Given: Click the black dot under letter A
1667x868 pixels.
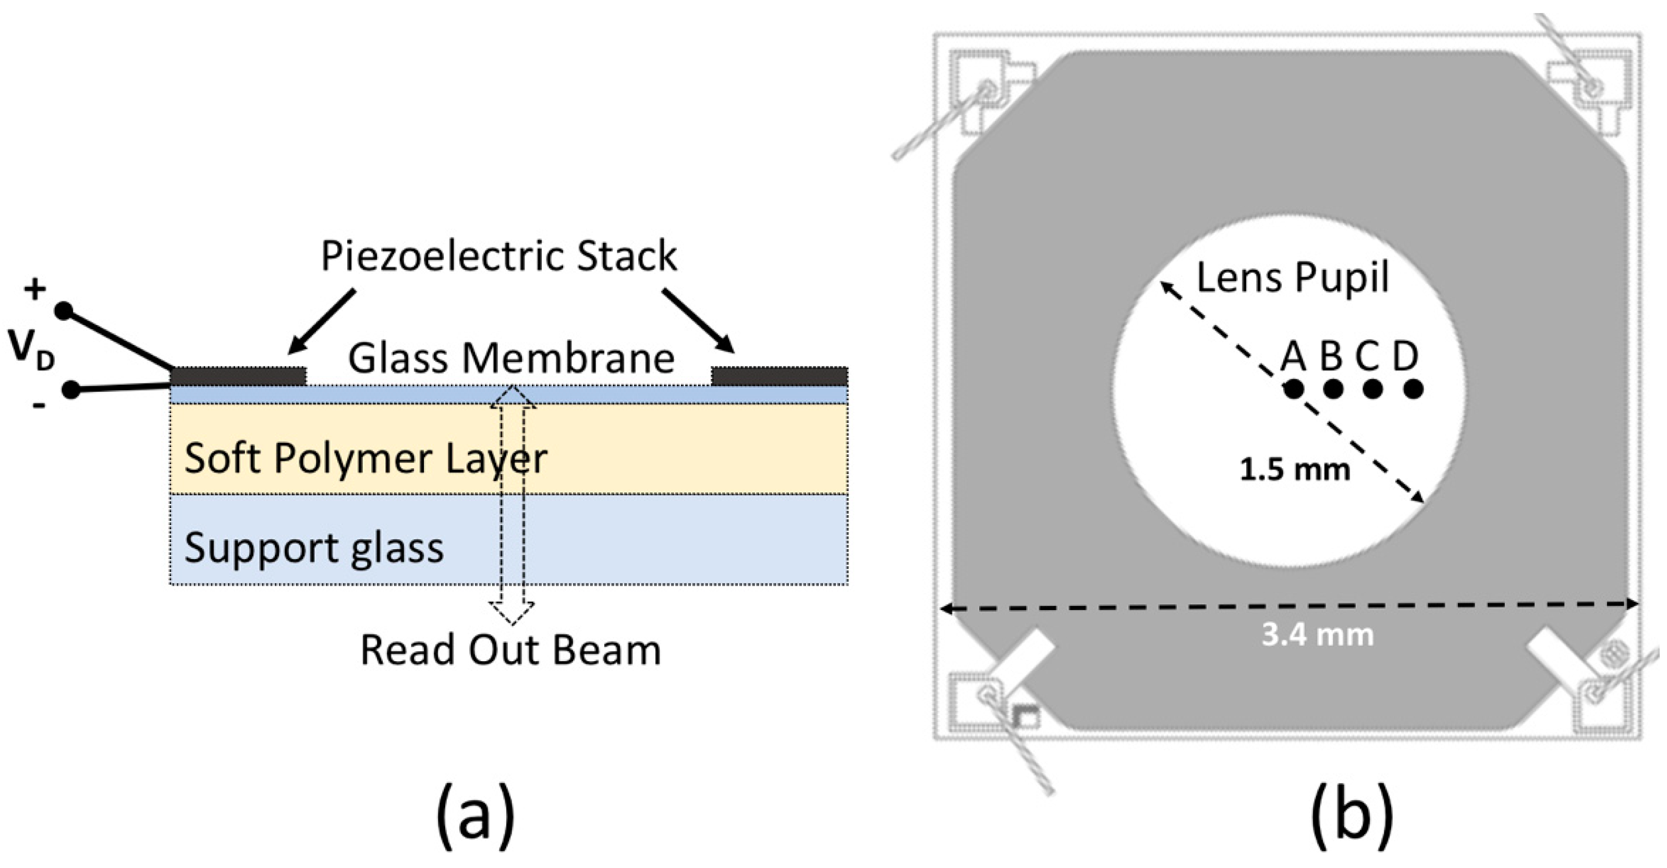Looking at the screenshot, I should click(1294, 389).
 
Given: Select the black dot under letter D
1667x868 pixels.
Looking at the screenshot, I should click(1414, 389).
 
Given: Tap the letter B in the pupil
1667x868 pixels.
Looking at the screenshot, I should click(1331, 356).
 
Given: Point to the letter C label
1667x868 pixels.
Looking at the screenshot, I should click(1367, 356).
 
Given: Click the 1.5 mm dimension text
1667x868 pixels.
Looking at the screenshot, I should click(1295, 469).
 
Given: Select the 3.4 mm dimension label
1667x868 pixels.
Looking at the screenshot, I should click(1318, 635).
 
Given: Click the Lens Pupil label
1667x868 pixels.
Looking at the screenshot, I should click(1292, 278).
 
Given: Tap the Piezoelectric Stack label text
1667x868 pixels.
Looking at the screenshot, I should click(498, 256).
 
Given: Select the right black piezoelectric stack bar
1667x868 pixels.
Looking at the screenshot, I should click(780, 376).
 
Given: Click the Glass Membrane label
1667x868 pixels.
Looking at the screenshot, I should click(511, 358).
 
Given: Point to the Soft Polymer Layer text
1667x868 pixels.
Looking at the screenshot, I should click(366, 458).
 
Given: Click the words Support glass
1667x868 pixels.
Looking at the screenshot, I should click(314, 547).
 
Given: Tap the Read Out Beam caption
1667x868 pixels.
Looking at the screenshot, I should click(510, 650).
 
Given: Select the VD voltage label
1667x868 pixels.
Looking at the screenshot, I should click(30, 349).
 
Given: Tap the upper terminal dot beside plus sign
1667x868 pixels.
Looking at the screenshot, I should click(64, 312).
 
